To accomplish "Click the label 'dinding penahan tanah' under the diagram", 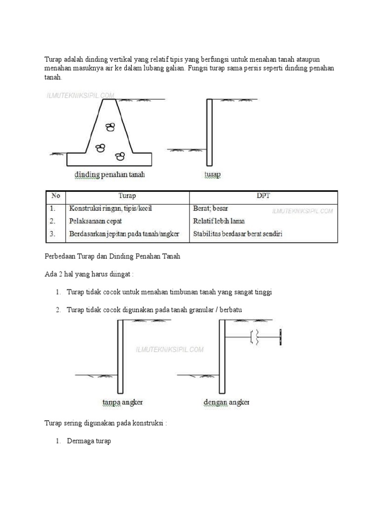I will coord(110,175).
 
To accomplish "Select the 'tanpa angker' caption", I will coord(122,402).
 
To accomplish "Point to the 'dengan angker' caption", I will coord(227,402).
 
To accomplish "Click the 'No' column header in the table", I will coord(55,196).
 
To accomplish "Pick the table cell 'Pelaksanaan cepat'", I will coord(96,221).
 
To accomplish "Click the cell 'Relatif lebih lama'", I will coord(219,221).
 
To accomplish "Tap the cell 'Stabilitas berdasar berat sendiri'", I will coord(237,234).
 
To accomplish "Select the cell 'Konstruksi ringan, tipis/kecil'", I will coord(111,209).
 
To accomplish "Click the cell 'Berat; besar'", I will coord(211,209).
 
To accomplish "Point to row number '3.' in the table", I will coord(53,234).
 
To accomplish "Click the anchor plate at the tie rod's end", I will coord(280,338).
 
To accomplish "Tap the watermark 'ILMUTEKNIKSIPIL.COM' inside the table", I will coord(303,211).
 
